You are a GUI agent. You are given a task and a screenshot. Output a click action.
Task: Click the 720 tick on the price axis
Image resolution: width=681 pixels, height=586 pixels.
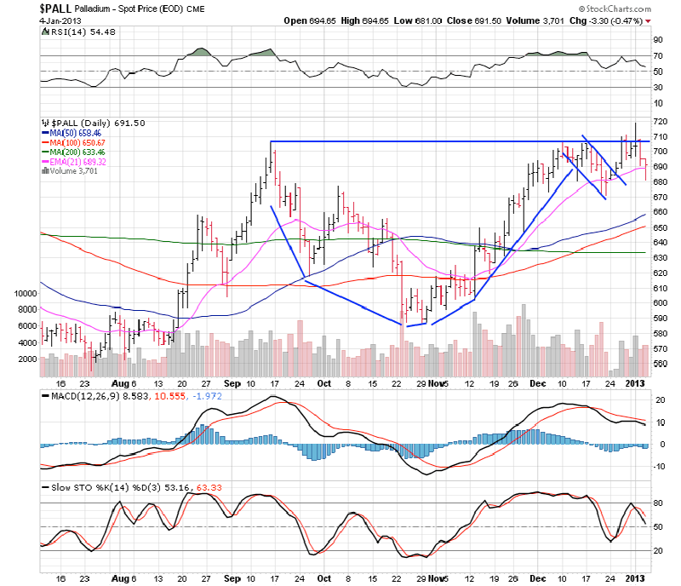tap(661, 123)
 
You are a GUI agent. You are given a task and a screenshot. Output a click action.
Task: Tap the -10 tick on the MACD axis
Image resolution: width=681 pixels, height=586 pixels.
tap(658, 466)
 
